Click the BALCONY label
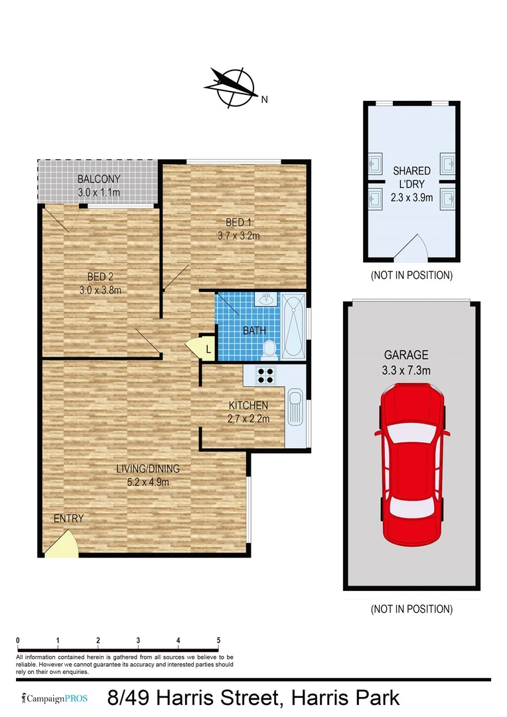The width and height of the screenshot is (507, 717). [x=98, y=179]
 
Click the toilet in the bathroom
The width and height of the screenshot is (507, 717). [x=269, y=347]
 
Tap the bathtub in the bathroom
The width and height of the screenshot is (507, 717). [x=293, y=326]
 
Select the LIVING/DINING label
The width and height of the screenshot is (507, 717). [x=148, y=469]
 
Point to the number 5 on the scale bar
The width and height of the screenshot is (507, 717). [x=218, y=640]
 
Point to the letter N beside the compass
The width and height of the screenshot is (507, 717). [x=264, y=100]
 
